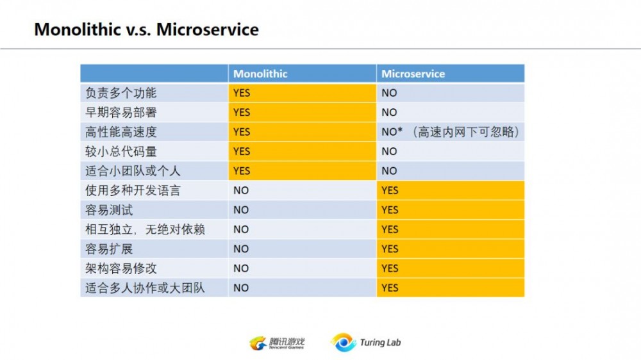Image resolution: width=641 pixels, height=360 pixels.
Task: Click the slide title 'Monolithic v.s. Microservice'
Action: pos(146,29)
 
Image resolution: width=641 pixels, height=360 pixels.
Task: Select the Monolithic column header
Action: pos(260,74)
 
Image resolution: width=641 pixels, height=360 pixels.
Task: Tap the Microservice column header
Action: pos(413,74)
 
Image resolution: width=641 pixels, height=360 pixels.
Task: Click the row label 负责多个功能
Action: pos(121,93)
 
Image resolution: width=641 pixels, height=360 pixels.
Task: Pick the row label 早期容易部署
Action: pos(121,112)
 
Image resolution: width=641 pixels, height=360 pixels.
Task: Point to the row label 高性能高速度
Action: pos(121,132)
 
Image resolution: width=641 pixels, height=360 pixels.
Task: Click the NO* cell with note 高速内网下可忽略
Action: pos(450,132)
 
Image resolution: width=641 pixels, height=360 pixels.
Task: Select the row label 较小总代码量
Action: pos(121,151)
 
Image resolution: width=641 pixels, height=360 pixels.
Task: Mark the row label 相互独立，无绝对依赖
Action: pos(145,229)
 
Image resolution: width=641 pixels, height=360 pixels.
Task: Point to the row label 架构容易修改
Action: pos(121,268)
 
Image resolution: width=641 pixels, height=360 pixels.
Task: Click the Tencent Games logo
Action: pos(277,343)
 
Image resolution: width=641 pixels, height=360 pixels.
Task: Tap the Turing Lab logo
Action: pos(366,342)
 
